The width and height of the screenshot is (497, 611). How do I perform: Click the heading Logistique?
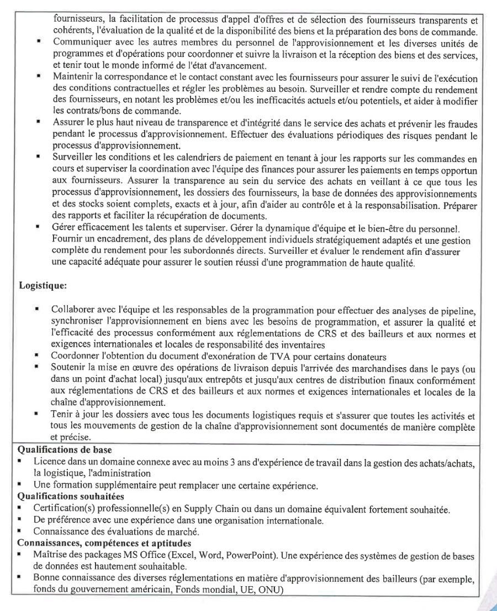point(43,286)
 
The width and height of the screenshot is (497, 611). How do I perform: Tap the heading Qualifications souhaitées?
point(71,497)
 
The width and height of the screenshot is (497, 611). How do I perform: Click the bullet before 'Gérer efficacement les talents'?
point(38,227)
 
